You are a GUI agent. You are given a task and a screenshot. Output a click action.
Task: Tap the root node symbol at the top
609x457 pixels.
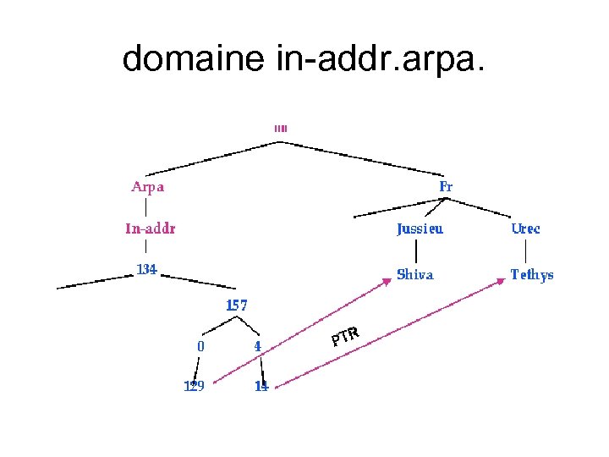[281, 129]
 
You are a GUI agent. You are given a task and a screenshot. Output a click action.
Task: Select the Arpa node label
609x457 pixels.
[147, 187]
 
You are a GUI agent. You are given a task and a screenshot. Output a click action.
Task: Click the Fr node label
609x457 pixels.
[446, 186]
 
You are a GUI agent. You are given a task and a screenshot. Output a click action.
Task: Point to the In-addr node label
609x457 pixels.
[151, 228]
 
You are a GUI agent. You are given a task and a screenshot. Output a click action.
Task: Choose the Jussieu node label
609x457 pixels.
[420, 228]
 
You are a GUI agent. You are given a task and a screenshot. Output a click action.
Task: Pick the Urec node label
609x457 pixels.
[525, 228]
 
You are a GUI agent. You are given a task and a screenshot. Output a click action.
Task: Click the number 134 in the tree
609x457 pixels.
[147, 270]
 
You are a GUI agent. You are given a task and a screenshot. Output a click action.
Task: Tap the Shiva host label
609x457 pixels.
[415, 274]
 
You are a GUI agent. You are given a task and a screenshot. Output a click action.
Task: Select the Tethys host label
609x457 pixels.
[532, 274]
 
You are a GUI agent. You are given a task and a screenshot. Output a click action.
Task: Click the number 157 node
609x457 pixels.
[236, 306]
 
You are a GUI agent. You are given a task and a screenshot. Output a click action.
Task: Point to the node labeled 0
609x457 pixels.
[200, 346]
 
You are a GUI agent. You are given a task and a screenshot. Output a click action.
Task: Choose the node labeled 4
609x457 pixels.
[257, 346]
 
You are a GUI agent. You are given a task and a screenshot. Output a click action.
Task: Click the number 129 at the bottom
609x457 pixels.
[195, 387]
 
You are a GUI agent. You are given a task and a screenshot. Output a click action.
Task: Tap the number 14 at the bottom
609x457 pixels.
[261, 387]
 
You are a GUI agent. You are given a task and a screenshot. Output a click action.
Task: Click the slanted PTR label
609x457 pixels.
[345, 337]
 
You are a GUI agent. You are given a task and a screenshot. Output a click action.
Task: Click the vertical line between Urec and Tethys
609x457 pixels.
[526, 251]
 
